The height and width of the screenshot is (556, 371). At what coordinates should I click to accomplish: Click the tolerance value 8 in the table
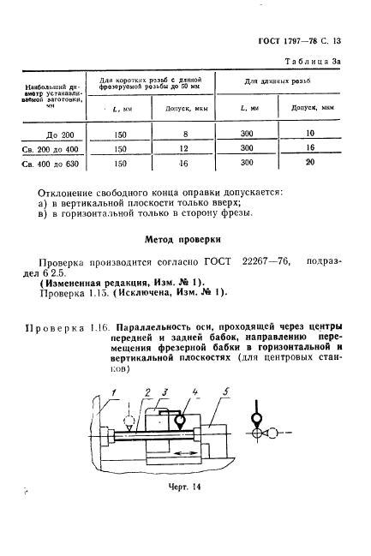click(184, 134)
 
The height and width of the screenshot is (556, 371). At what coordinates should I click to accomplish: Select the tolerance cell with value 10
click(310, 134)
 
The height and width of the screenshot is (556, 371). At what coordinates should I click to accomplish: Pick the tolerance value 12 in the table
click(184, 147)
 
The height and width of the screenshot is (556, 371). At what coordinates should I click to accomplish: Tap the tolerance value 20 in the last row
click(310, 161)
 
